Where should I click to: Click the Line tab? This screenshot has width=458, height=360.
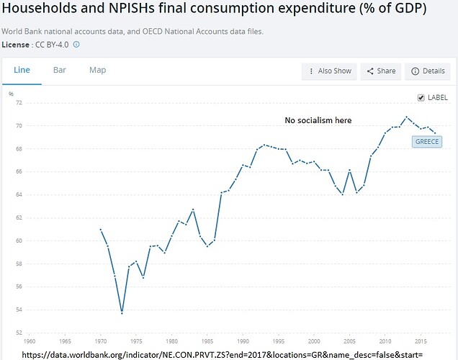click(22, 70)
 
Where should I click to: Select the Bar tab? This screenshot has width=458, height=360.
click(59, 70)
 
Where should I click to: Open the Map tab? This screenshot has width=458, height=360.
click(97, 70)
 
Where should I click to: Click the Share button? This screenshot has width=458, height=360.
click(381, 71)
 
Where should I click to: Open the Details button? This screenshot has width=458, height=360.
click(428, 71)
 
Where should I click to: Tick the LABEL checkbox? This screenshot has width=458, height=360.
click(421, 98)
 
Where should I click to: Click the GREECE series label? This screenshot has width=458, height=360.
click(427, 141)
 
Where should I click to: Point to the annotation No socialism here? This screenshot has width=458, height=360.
click(318, 120)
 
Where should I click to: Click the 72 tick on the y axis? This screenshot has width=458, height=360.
click(19, 103)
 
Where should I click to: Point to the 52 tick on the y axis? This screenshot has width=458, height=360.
click(19, 333)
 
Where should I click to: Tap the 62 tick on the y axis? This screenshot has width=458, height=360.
click(19, 217)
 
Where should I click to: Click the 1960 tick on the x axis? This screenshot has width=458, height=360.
click(30, 341)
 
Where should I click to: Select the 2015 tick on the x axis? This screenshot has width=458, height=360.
click(420, 341)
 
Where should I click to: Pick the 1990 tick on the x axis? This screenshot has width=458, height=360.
click(243, 341)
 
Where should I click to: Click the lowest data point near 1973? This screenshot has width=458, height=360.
click(122, 313)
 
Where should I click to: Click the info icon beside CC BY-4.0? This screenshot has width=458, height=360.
click(76, 44)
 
